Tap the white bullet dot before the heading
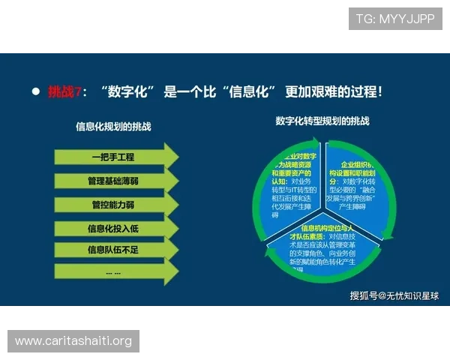pyautogui.click(x=35, y=91)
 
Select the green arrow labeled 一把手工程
pyautogui.click(x=112, y=157)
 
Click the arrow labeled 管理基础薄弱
pyautogui.click(x=112, y=181)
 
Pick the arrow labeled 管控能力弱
pyautogui.click(x=112, y=204)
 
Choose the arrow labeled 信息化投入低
pyautogui.click(x=112, y=228)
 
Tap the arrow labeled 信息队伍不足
pyautogui.click(x=112, y=250)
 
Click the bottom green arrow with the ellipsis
pyautogui.click(x=112, y=272)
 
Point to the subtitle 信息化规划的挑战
pyautogui.click(x=113, y=127)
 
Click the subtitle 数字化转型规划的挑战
pyautogui.click(x=322, y=121)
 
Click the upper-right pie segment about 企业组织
pyautogui.click(x=355, y=184)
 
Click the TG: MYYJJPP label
pyautogui.click(x=395, y=19)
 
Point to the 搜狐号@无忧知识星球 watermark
pyautogui.click(x=394, y=295)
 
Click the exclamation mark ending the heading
pyautogui.click(x=379, y=92)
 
